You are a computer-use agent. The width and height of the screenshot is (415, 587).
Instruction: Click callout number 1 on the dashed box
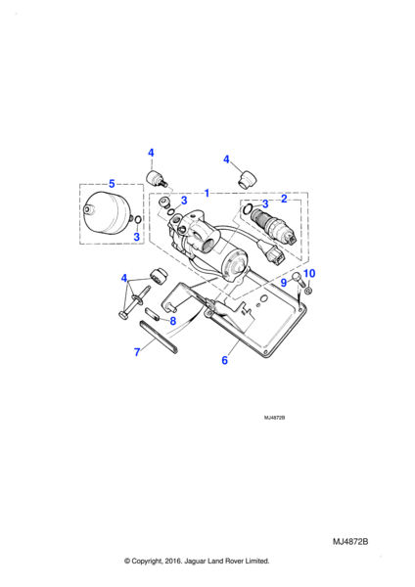pos(207,193)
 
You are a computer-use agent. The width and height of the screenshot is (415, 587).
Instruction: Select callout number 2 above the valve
pos(284,199)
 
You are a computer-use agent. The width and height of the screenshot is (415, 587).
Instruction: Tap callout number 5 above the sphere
pos(112,184)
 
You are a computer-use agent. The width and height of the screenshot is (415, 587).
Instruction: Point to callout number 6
pos(224,360)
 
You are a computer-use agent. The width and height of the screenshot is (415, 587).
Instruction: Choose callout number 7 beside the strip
pos(137,352)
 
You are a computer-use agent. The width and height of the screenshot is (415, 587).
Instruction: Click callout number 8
pos(172,321)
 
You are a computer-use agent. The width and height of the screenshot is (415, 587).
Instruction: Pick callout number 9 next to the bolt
pos(284,283)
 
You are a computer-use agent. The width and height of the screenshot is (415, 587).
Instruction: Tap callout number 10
pos(309,273)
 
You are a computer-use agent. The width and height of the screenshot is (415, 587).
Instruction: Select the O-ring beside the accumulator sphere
pos(137,218)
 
